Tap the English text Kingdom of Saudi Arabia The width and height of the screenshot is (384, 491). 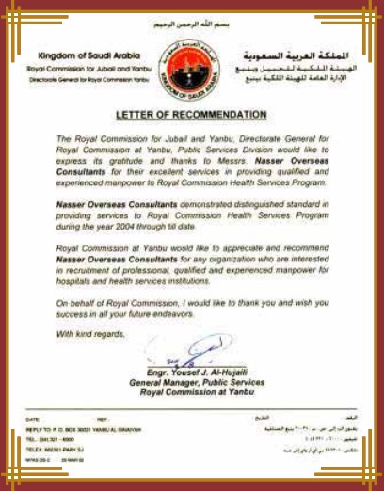click(x=72, y=55)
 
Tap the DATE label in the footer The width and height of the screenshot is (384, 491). click(x=33, y=419)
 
